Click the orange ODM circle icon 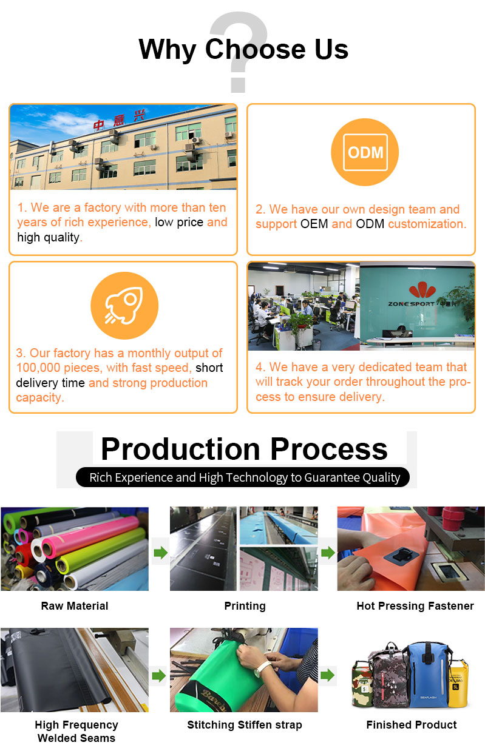(x=365, y=152)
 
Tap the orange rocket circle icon (x=124, y=305)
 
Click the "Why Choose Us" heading (x=243, y=49)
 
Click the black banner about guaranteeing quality (x=243, y=477)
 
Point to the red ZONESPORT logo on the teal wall (x=422, y=290)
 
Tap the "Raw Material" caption (x=75, y=606)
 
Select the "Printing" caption (x=245, y=606)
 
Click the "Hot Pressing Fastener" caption (x=415, y=606)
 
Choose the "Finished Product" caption (x=412, y=724)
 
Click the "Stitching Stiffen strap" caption (x=245, y=725)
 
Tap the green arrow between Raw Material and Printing (x=161, y=553)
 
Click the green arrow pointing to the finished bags (x=328, y=675)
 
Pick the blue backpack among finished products (x=427, y=674)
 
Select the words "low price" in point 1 (x=179, y=222)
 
